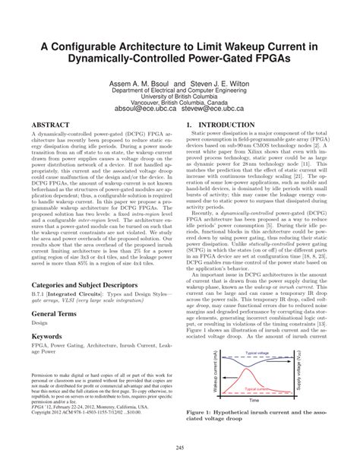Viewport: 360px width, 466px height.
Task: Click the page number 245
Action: (180, 446)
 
